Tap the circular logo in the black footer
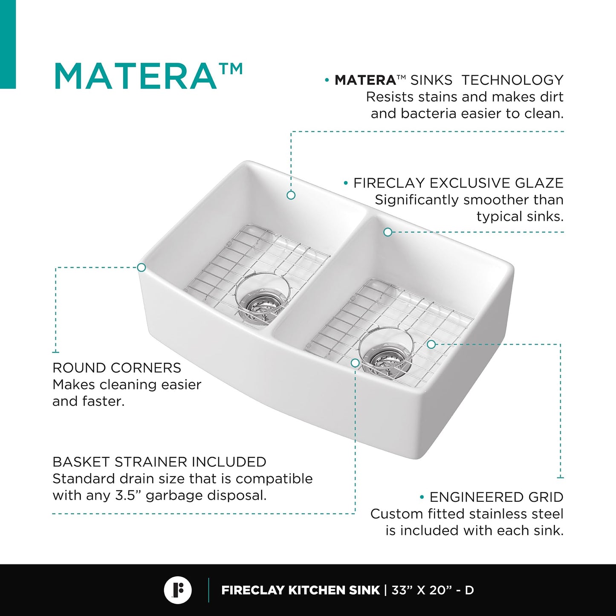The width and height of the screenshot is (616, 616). (178, 590)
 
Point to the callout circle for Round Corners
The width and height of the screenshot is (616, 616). (141, 267)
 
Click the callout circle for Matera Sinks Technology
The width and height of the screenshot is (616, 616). (291, 195)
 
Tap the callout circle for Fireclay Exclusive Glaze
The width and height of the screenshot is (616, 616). (388, 232)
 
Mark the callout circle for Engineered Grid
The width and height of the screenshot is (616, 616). (431, 344)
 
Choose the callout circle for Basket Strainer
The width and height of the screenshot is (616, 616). (355, 363)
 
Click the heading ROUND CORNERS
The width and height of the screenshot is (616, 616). (117, 368)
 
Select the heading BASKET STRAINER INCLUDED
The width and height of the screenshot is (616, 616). (159, 462)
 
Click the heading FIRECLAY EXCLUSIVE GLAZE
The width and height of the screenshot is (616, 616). (458, 183)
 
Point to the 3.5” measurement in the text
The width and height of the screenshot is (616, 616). (128, 495)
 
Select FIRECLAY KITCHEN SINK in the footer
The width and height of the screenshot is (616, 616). (301, 590)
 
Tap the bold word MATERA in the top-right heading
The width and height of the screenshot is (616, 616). (365, 80)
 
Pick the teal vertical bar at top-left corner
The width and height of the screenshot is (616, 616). (8, 44)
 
